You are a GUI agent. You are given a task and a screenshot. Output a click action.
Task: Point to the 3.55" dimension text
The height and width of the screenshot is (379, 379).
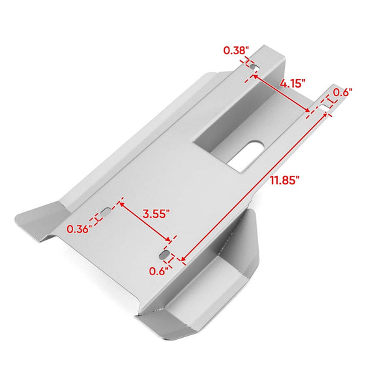pyautogui.click(x=156, y=213)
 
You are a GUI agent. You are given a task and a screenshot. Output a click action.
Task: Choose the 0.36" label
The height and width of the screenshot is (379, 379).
pyautogui.click(x=78, y=228)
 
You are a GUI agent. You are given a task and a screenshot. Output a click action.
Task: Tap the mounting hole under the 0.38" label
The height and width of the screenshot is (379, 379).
pyautogui.click(x=252, y=67)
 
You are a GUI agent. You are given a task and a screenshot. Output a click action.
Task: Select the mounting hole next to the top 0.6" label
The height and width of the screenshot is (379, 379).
pyautogui.click(x=324, y=103)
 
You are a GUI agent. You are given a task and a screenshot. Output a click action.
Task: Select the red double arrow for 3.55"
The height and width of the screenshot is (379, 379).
pyautogui.click(x=145, y=222)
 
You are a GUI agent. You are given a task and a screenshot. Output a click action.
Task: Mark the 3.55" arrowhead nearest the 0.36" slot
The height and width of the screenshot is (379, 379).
pyautogui.click(x=120, y=205)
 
